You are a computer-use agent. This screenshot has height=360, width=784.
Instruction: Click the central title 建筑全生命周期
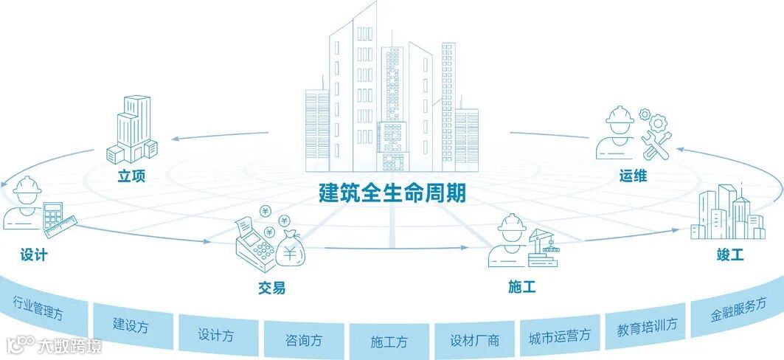[x=392, y=193]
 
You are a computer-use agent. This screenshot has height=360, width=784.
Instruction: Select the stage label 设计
[x=34, y=255]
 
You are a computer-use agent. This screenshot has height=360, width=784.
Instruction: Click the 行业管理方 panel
[x=38, y=308]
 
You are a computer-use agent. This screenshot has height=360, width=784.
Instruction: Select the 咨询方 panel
[x=303, y=340]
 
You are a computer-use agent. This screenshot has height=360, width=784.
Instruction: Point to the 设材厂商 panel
[x=474, y=341]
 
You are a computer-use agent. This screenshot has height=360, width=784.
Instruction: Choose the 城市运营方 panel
[x=560, y=336]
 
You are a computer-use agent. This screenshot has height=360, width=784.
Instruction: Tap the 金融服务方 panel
[x=738, y=308]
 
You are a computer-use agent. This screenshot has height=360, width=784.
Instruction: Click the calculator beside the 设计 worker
[x=52, y=215]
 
